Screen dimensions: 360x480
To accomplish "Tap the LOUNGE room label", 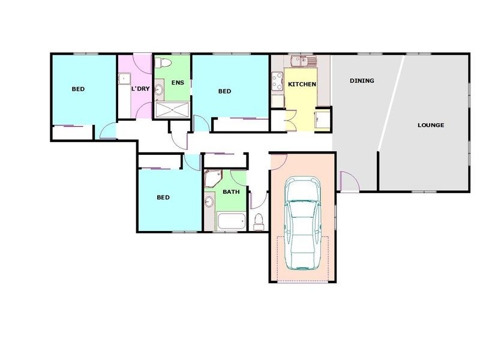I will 431,125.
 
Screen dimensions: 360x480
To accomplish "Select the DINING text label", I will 362,81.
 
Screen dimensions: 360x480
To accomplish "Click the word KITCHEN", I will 302,85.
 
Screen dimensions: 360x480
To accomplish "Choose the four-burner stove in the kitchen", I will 278,81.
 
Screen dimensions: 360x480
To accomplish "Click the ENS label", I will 178,82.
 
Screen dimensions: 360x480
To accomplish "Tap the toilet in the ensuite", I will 163,62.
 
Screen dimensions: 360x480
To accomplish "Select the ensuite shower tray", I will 173,109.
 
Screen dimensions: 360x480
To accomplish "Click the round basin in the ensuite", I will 158,90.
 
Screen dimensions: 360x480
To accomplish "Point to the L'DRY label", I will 140,89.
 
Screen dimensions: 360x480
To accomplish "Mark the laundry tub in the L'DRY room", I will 124,78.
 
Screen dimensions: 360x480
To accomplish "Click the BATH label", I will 231,193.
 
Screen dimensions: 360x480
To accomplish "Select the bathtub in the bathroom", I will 231,221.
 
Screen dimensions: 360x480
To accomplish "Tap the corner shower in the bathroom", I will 212,178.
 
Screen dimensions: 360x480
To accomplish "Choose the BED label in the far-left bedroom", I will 78,89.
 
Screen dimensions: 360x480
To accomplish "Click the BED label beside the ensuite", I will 224,91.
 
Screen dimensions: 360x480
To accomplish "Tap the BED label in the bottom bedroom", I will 163,197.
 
